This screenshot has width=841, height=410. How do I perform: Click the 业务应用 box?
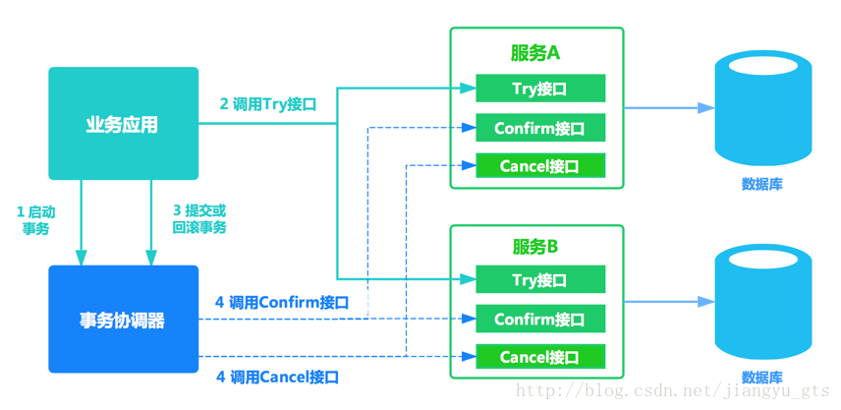(123, 124)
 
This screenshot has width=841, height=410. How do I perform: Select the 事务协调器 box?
(123, 320)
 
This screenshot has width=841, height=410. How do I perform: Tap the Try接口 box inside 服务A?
(539, 88)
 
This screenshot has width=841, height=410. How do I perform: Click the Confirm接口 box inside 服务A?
(539, 128)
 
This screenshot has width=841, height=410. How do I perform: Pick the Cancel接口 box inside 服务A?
(539, 166)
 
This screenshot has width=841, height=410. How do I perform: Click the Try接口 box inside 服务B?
(539, 280)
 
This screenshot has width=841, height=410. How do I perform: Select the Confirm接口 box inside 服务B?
(539, 319)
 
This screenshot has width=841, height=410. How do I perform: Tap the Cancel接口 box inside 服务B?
(539, 357)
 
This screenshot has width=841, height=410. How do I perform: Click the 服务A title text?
(535, 53)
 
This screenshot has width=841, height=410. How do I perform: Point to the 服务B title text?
(535, 246)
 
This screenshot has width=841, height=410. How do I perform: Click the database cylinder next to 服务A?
(762, 108)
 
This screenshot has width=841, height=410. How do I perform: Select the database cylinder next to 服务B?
(762, 302)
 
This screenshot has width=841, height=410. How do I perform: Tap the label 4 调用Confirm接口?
(282, 303)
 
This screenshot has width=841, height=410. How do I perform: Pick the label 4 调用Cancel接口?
(277, 377)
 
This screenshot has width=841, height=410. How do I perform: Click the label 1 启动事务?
(35, 219)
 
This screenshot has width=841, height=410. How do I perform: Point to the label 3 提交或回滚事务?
(198, 219)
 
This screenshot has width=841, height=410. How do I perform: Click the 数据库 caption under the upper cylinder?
(762, 184)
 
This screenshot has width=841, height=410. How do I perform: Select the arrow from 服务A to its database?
(668, 108)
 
